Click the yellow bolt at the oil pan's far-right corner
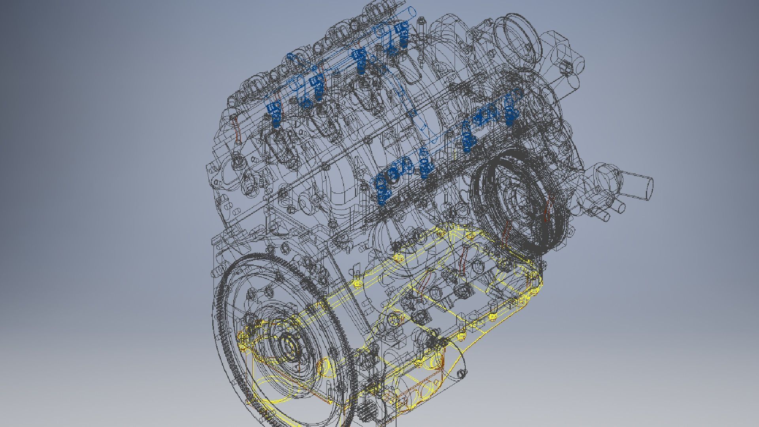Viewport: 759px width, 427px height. point(533,292)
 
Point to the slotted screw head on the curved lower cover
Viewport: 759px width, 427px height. point(460,374)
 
